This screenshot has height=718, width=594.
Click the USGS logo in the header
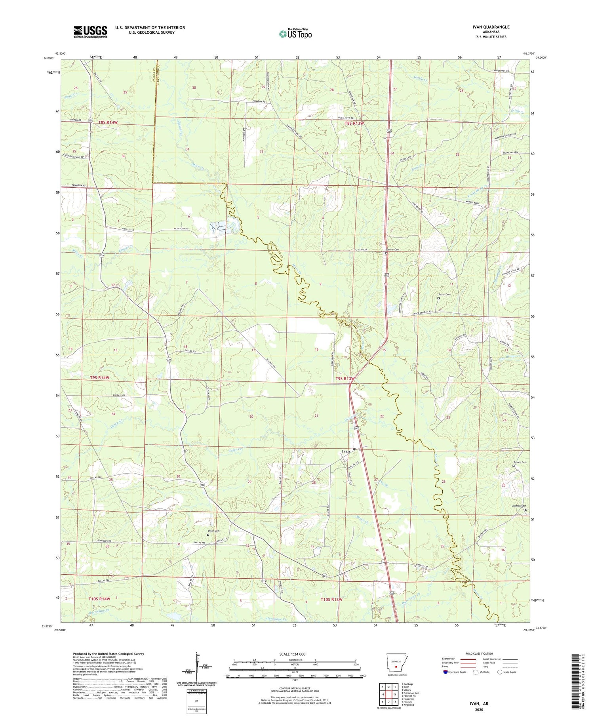(90, 32)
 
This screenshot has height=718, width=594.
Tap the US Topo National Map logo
(295, 34)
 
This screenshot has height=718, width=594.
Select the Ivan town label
(346, 451)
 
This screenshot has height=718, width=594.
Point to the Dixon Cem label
(213, 531)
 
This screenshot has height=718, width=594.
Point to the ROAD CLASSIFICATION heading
(479, 653)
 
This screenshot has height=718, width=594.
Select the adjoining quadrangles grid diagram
(388, 691)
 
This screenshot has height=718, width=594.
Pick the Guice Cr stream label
(235, 450)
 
